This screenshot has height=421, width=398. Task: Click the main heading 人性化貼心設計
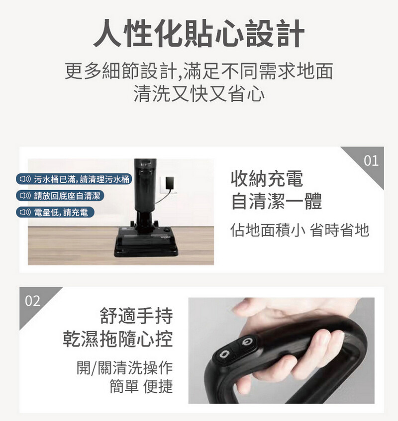point(199,34)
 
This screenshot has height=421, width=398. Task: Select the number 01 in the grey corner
point(371,160)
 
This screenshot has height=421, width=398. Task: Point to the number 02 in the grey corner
point(32,301)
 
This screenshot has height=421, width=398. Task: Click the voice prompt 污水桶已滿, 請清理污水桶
point(74,179)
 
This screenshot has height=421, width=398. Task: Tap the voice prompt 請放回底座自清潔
point(60,196)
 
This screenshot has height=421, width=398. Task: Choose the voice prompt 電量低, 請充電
point(55,212)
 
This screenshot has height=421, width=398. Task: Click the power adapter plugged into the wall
point(170,184)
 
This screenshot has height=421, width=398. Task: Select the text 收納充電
point(267,178)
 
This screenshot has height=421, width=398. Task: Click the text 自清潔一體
point(277,202)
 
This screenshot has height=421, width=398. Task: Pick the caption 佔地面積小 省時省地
point(299,230)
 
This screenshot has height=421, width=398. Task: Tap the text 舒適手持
point(136,316)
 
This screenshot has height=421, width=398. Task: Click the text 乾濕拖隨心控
point(118,339)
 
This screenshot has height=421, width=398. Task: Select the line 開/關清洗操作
point(124,367)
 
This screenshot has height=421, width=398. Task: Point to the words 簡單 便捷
point(141,386)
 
